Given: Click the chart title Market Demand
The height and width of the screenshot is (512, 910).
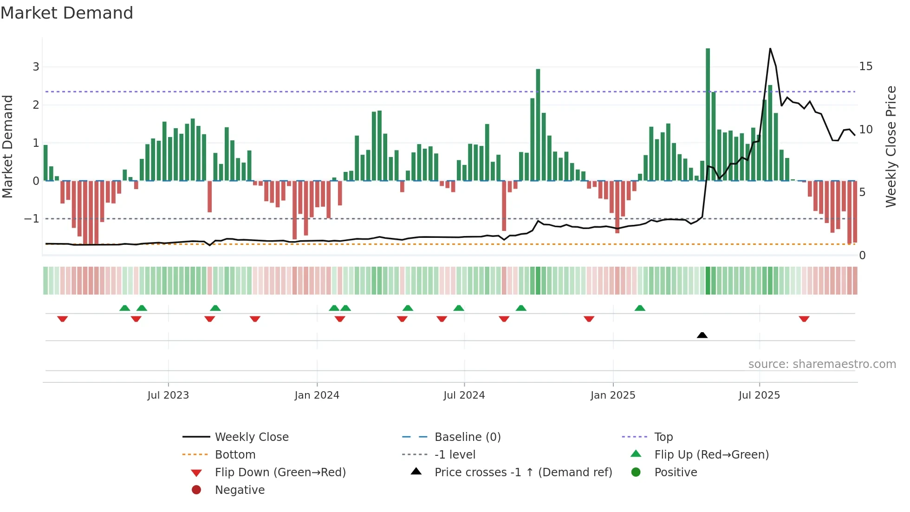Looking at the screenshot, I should [67, 13].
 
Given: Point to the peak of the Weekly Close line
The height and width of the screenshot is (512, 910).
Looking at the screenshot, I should [770, 49].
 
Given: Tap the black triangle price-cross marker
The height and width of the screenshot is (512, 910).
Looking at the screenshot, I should [702, 335].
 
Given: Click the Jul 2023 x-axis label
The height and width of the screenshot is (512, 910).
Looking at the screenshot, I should [168, 395].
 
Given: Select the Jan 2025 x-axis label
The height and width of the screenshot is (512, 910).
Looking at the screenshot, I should [613, 395].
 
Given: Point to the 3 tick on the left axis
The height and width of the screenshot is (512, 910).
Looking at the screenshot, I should [36, 66].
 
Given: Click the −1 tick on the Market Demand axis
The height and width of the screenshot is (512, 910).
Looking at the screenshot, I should [32, 218].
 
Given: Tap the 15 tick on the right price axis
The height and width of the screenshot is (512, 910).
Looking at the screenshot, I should [865, 66].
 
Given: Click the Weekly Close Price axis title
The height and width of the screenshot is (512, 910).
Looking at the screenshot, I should [890, 146].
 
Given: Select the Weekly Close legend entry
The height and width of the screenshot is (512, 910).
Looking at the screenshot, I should [251, 437].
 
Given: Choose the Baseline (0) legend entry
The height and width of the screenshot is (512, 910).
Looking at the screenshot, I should [467, 437].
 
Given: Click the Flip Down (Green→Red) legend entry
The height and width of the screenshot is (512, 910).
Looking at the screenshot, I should [280, 473].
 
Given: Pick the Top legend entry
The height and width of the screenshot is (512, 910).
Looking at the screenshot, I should [663, 437].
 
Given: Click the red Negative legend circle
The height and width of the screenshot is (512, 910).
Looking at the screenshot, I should [196, 490].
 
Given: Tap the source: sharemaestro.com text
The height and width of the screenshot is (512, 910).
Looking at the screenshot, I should [822, 364].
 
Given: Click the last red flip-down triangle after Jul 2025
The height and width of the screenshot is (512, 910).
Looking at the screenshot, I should [804, 319].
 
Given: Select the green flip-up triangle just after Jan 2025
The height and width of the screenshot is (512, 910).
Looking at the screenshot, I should [640, 308].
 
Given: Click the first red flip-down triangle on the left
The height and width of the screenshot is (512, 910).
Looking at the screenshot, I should [62, 319].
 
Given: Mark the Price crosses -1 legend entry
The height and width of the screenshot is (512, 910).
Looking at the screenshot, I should [523, 473].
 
